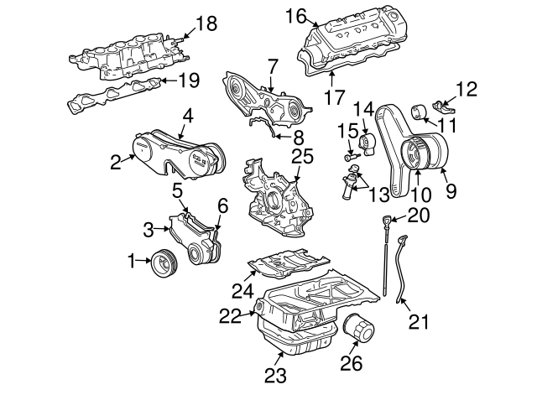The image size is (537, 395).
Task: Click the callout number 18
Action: click(206, 23)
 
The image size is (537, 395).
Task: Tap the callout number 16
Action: click(294, 15)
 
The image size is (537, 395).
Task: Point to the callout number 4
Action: click(188, 116)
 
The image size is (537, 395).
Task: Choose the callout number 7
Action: click(272, 65)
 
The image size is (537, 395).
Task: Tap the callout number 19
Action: click(190, 81)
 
